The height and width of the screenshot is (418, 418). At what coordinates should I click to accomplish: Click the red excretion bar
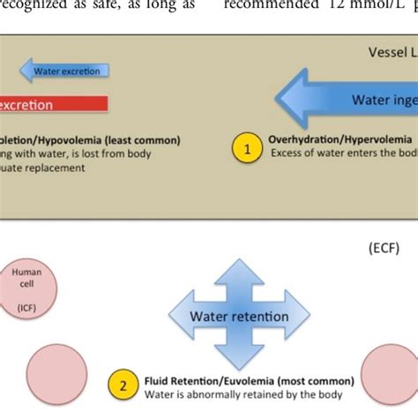pyautogui.click(x=53, y=104)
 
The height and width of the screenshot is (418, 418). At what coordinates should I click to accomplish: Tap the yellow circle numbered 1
pyautogui.click(x=248, y=149)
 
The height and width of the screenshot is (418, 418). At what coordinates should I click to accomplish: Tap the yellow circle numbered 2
pyautogui.click(x=123, y=384)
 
